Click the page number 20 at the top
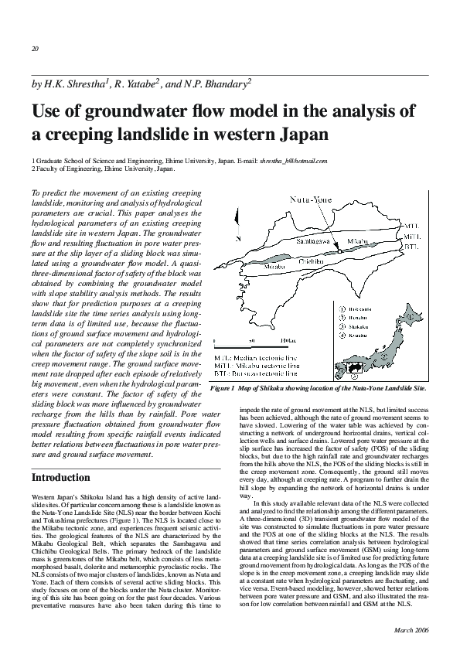(35, 49)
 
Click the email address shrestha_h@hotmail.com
(294, 161)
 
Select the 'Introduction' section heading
(61, 477)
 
